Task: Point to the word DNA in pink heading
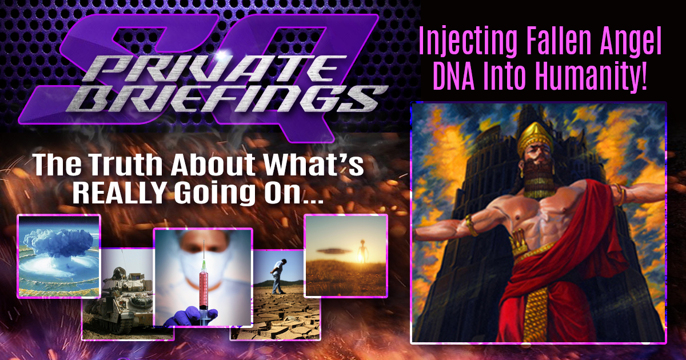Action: [454, 75]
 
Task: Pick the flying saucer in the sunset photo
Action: [334, 251]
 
